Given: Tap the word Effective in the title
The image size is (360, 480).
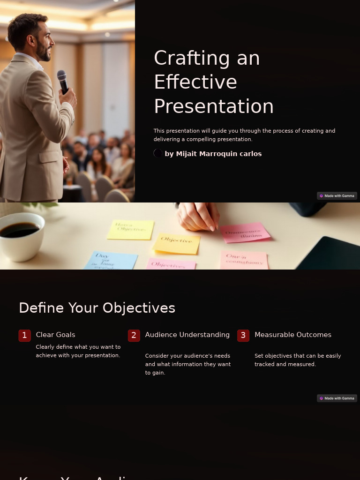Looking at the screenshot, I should click(195, 82).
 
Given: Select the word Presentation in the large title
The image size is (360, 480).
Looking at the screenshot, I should click(213, 106).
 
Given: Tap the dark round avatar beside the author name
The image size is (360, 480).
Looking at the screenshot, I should click(158, 153).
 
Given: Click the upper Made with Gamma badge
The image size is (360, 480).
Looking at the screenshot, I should click(337, 196).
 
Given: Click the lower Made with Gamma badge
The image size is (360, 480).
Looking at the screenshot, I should click(337, 398).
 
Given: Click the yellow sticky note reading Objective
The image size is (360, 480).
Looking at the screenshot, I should click(176, 243).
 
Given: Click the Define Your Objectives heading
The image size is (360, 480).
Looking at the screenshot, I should click(97, 308).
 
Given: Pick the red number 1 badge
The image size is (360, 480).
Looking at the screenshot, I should click(25, 335).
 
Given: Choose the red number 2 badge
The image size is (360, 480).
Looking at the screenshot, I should click(134, 335).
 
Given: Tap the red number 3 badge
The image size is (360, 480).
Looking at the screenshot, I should click(243, 335).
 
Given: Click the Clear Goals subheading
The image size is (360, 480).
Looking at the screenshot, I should click(55, 335).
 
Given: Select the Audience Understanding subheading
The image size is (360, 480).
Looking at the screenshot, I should click(187, 335).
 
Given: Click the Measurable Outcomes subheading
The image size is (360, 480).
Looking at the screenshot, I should click(293, 335).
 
